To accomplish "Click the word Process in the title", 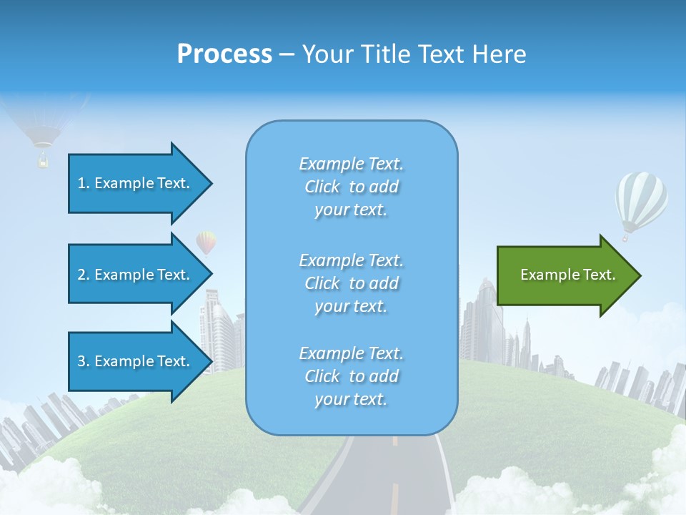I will (x=224, y=54).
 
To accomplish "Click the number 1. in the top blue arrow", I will (x=84, y=183).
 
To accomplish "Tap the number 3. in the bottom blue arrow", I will (x=84, y=361).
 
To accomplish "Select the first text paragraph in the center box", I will (x=352, y=187).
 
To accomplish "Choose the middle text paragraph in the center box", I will (x=352, y=283).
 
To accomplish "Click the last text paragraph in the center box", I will (x=352, y=376).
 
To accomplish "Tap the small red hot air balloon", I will (x=206, y=242).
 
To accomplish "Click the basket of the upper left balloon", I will (x=43, y=161).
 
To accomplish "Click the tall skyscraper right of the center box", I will (x=486, y=315).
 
